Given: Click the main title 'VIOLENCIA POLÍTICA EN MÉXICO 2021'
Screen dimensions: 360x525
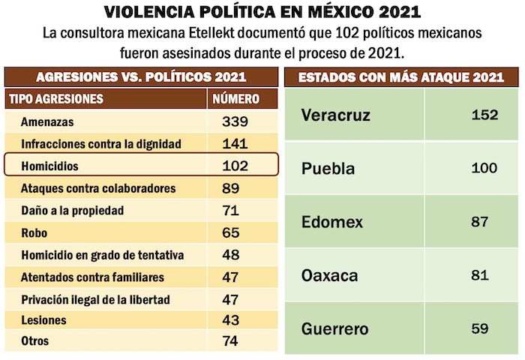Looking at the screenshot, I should pos(262,13).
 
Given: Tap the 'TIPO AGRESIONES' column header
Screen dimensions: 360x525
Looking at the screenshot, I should pos(55,99).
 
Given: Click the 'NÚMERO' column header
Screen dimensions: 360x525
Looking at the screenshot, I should pos(236,99).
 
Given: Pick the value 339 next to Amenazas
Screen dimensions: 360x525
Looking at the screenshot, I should pos(235,121).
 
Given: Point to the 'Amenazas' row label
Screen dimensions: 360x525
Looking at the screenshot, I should pos(47,121).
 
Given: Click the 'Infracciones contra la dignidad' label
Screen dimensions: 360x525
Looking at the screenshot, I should pos(101,143).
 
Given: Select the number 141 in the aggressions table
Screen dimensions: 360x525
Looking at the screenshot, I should pos(235,143).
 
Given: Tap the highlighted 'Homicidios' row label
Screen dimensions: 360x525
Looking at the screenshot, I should pos(50,165).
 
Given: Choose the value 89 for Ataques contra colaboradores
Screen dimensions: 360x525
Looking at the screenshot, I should pos(231,187).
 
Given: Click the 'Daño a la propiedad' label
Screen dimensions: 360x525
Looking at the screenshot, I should pos(73,210).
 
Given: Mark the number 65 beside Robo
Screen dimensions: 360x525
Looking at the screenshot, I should pos(231,232).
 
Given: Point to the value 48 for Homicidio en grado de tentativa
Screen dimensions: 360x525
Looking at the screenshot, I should pos(231,255).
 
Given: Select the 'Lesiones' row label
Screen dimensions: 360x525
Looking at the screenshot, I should pos(44,320).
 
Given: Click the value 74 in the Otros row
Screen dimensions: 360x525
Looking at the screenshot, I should pos(231,341).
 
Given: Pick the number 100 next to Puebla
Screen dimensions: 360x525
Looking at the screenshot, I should pos(484,168).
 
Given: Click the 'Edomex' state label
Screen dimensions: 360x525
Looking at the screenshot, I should pos(332,222).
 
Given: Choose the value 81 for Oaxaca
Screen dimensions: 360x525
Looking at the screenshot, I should pos(480,275).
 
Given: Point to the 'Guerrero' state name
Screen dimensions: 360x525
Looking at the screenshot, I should pos(335,328).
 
